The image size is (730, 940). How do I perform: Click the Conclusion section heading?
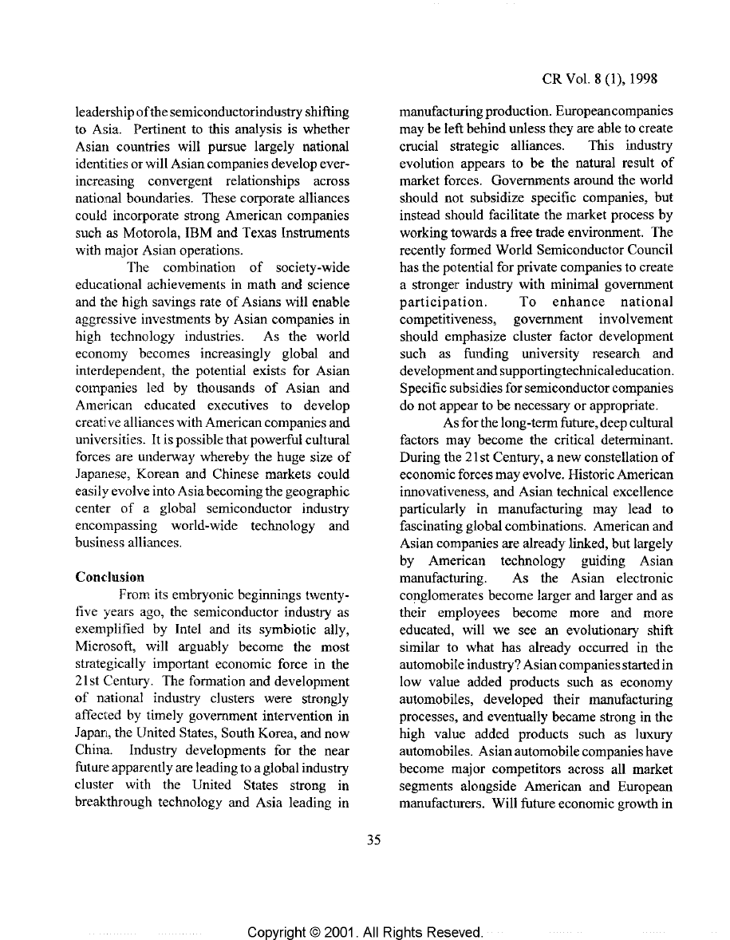(110, 575)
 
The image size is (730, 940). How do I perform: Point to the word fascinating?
(434, 526)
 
